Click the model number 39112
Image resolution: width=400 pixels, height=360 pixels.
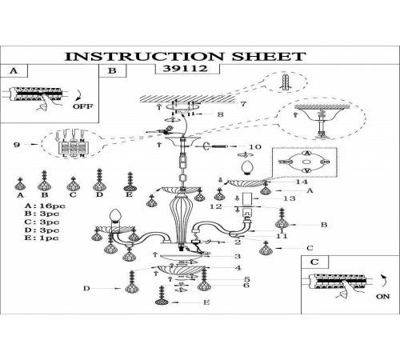coord(185,69)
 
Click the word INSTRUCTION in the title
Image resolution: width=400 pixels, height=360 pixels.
coord(144,56)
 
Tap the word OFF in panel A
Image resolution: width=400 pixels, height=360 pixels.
coord(83,106)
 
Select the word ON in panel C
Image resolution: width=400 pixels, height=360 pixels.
coord(383,296)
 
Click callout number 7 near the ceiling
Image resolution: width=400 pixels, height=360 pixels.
coord(243,104)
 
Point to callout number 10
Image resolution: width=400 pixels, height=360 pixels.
coord(254,146)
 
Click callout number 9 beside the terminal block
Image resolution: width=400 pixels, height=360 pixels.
coord(17,145)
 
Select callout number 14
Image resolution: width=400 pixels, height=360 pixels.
coord(302,182)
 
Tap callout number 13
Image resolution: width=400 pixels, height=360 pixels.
coord(290,198)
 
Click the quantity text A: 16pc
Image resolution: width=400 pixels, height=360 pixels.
coord(45,206)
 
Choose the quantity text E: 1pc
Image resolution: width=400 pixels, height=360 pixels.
coord(42,238)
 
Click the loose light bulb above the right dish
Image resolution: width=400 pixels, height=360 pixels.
coord(247,168)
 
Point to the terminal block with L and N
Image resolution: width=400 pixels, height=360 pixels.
coord(73,147)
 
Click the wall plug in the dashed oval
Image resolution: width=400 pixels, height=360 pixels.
coord(286,82)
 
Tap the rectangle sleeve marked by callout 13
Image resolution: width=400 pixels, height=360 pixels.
coord(247,199)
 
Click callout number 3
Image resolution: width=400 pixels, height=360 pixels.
coord(238,256)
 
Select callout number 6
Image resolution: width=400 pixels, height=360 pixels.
coord(246,285)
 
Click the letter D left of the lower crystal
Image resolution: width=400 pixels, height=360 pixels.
coord(86,288)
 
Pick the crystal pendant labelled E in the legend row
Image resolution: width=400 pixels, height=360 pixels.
coord(130,182)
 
